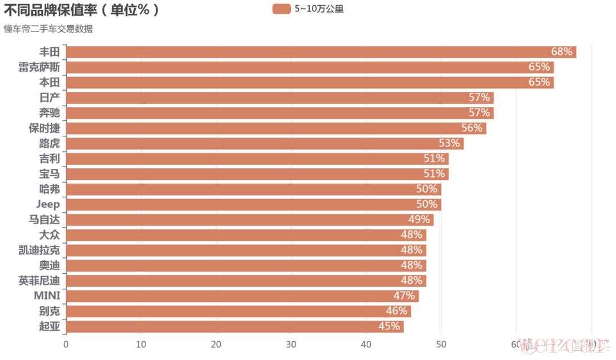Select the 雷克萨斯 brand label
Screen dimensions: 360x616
39,67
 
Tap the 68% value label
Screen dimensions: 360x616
561,52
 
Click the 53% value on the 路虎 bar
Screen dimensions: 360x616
449,143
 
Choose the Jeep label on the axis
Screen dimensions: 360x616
48,204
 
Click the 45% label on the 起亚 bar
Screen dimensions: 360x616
389,326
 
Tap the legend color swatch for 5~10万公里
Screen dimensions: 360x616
281,9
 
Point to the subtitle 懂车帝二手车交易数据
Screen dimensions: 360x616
48,29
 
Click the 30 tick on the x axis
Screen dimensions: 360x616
291,344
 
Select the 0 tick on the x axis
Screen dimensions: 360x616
66,344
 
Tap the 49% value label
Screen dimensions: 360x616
419,220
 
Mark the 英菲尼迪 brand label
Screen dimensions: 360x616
39,281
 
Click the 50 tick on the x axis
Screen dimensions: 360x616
441,344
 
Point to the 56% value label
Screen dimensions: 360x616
472,128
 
